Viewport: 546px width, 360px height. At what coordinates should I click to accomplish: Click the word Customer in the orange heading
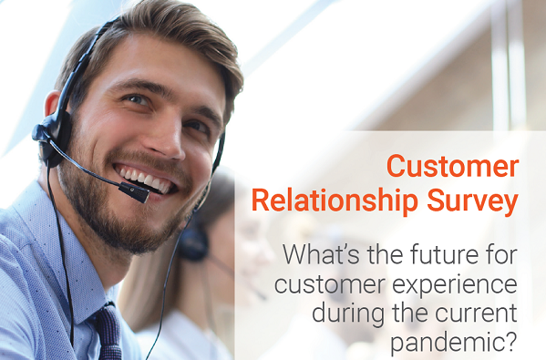click(452, 168)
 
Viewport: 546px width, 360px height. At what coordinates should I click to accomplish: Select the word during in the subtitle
click(350, 313)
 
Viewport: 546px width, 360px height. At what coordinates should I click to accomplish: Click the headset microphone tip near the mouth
click(137, 192)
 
